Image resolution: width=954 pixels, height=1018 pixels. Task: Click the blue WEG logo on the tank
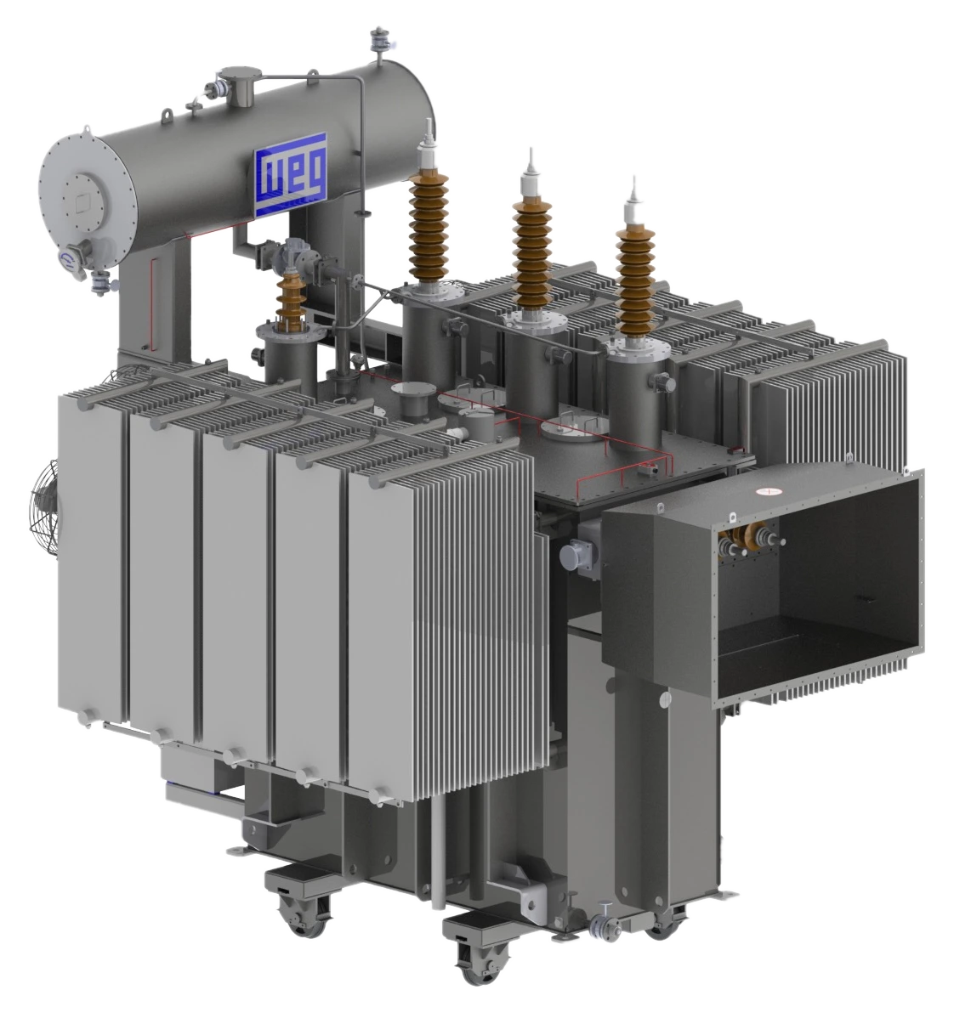[290, 175]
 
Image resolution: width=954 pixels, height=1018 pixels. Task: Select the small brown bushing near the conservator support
[291, 297]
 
